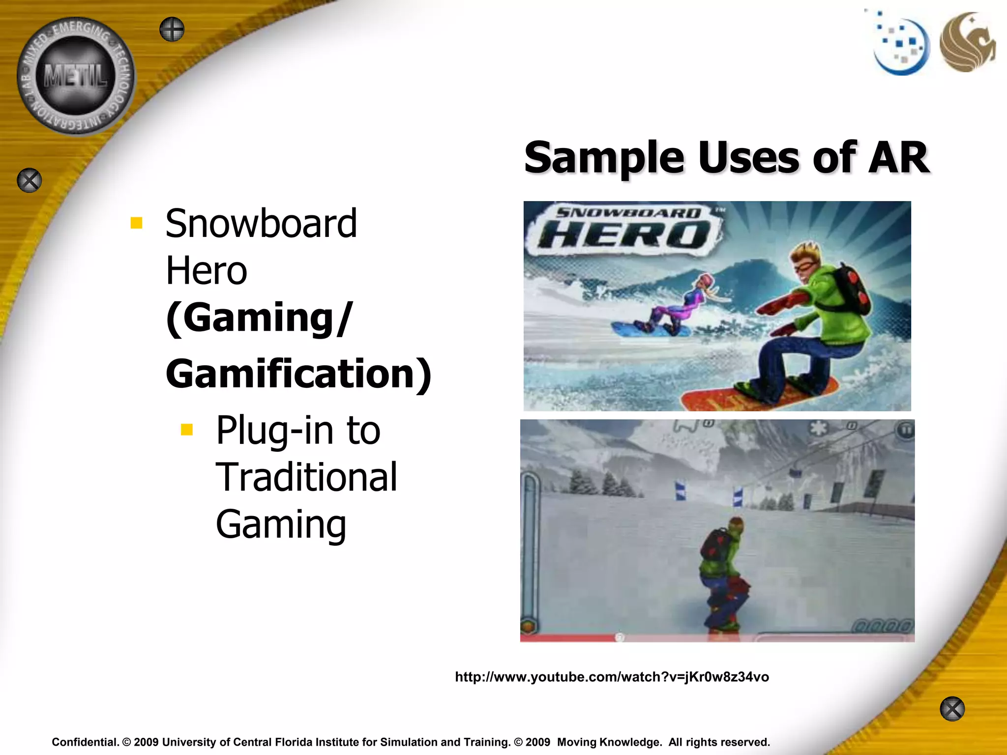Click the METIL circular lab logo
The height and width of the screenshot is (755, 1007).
click(x=76, y=76)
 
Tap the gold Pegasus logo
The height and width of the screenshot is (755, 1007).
click(x=967, y=42)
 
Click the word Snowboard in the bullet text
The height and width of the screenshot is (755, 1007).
click(x=261, y=224)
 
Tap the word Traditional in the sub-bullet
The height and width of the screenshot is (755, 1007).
click(x=306, y=477)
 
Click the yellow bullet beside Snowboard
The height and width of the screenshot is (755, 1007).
click(x=136, y=224)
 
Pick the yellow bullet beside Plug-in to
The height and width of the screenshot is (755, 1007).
click(x=187, y=430)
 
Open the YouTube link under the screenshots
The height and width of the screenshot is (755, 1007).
click(x=612, y=677)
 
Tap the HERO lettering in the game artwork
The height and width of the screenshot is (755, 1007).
click(x=627, y=234)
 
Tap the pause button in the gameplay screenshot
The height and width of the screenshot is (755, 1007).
click(x=905, y=431)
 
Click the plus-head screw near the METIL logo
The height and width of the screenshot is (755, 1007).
click(x=172, y=29)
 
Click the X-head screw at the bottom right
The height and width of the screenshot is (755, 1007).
click(x=952, y=709)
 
